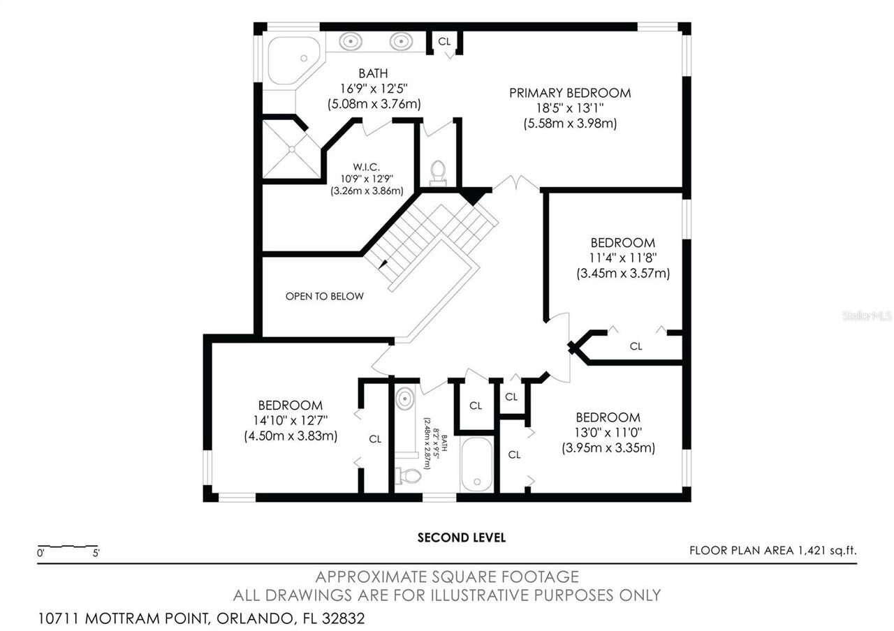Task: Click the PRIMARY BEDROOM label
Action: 569,93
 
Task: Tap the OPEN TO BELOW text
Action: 324,296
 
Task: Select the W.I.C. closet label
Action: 366,166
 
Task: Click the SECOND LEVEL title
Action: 461,537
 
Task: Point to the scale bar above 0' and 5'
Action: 67,545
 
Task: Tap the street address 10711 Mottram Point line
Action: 201,618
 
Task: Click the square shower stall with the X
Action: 290,149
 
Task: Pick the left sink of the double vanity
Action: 349,41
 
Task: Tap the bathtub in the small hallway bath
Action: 477,465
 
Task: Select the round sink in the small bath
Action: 404,399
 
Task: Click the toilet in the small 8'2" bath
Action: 408,476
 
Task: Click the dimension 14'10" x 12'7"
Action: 290,421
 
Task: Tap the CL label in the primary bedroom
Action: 444,41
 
